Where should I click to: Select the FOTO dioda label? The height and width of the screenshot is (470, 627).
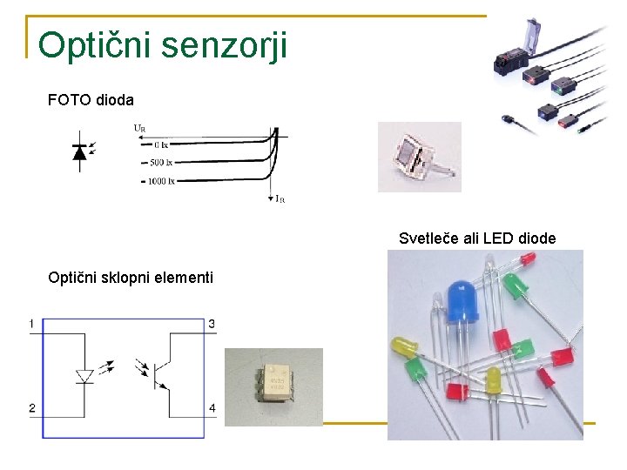(91, 100)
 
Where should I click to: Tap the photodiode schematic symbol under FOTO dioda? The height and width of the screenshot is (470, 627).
(80, 153)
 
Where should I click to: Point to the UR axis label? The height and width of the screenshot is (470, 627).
(139, 127)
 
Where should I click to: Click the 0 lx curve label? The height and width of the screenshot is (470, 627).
(158, 144)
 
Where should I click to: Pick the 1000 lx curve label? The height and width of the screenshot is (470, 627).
(161, 181)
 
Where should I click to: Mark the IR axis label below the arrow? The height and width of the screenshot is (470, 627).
(280, 199)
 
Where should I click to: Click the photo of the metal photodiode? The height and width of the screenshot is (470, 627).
(419, 157)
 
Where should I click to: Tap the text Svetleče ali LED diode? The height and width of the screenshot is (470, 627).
(477, 238)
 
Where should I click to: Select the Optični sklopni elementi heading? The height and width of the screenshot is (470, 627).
(131, 279)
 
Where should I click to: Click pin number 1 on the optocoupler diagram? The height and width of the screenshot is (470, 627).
(31, 325)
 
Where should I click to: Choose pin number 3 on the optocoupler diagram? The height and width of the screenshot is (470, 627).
(212, 325)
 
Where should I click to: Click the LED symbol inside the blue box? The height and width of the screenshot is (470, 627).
(84, 375)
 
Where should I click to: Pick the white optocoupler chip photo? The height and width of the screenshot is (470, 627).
(273, 384)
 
